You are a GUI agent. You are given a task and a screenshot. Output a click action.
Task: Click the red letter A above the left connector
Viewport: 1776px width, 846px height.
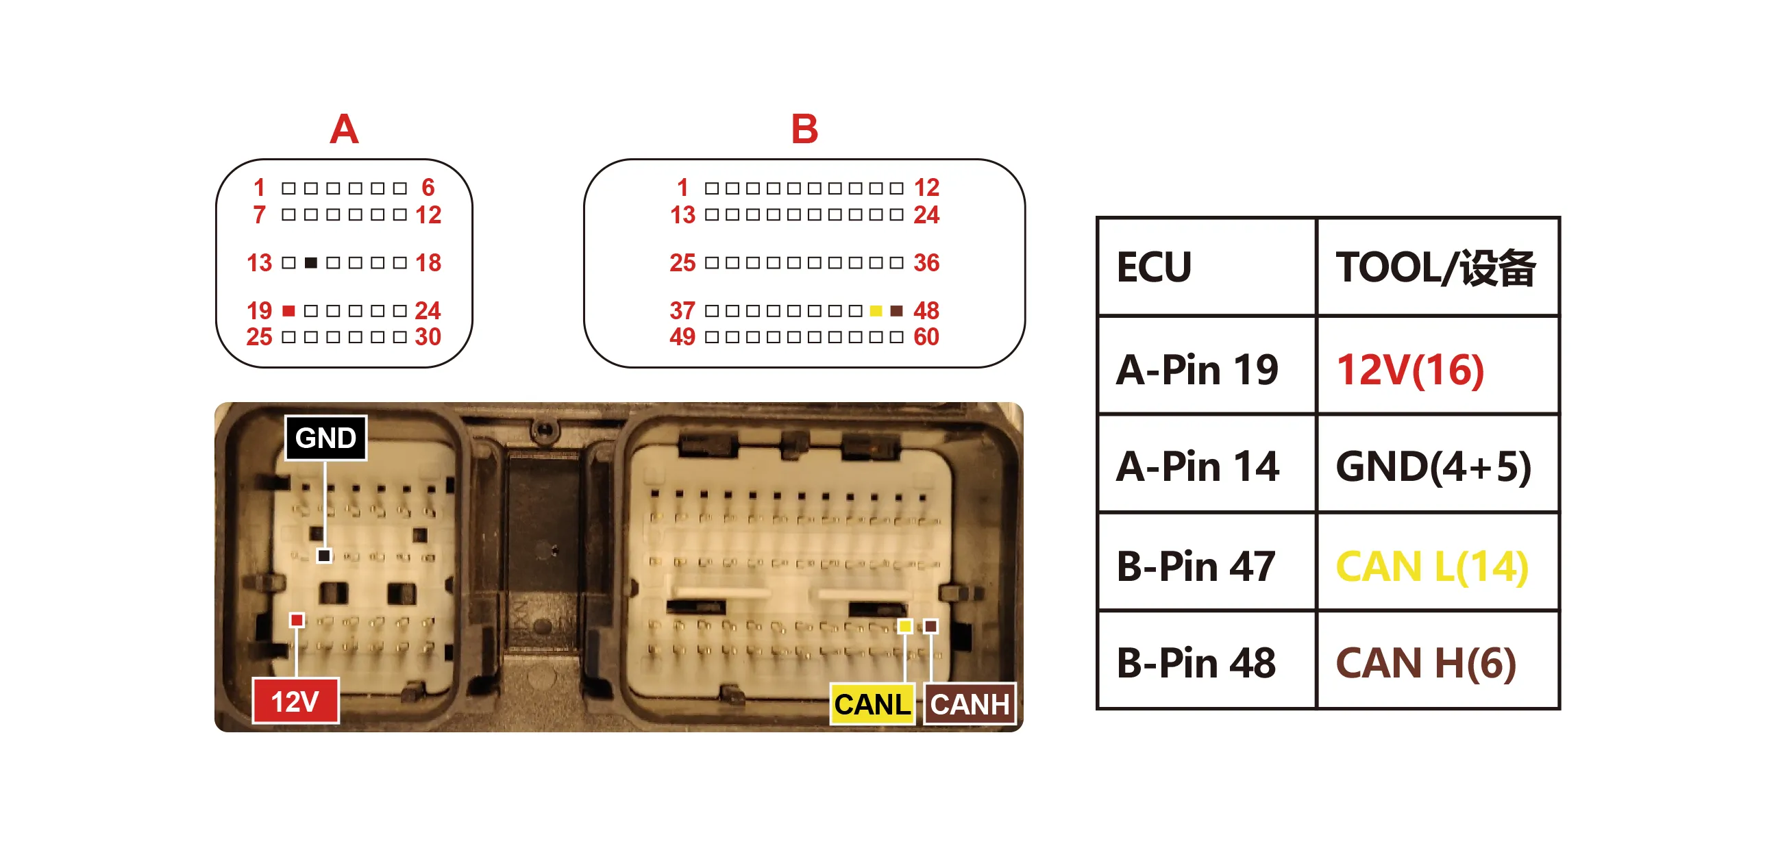[344, 129]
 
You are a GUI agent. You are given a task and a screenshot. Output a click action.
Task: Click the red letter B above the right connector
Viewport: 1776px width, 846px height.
[804, 129]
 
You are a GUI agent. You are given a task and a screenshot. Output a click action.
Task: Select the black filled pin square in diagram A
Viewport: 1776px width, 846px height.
[311, 262]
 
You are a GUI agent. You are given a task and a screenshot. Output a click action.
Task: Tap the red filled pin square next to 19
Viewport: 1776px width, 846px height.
[289, 311]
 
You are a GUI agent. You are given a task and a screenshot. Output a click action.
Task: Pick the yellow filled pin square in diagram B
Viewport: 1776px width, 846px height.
[876, 311]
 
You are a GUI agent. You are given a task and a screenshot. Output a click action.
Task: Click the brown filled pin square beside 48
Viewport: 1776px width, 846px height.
[896, 311]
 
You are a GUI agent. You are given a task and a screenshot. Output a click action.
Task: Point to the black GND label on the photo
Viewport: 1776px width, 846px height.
[325, 438]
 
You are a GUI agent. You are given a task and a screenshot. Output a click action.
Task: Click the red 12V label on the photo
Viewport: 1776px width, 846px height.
[295, 701]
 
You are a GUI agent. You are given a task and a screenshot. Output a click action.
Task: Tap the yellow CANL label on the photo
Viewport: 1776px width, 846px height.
[872, 704]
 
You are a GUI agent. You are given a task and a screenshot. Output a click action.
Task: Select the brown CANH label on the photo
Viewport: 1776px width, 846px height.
[970, 704]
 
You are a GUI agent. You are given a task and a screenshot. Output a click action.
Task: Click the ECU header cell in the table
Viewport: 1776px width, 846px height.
[1207, 267]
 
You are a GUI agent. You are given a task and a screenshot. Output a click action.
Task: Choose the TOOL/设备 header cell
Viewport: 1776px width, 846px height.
[1438, 267]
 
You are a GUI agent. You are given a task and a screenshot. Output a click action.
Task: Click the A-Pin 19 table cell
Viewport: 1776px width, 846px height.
[1207, 365]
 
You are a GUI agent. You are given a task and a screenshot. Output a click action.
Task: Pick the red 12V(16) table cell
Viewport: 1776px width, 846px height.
[1438, 365]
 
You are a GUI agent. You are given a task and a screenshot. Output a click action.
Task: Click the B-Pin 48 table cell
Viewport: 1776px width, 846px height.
[1207, 660]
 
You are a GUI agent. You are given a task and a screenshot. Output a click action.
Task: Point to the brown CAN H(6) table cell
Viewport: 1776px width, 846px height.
[1438, 660]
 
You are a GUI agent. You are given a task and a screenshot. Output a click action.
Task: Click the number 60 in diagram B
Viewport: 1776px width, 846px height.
[926, 337]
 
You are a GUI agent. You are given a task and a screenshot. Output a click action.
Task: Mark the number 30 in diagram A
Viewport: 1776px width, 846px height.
[428, 337]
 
